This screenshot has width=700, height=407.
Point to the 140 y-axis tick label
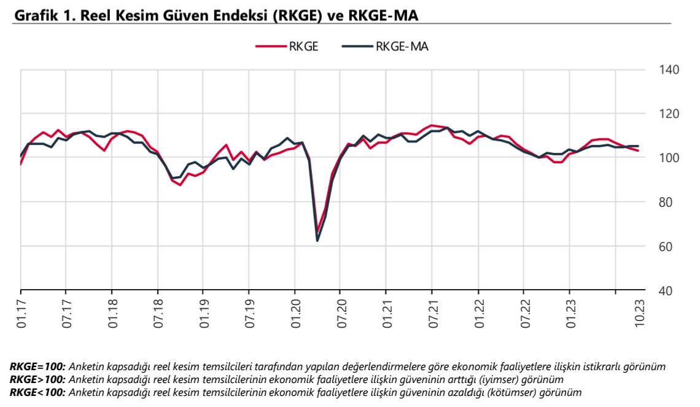click(x=669, y=69)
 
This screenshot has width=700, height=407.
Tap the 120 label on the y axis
click(x=669, y=114)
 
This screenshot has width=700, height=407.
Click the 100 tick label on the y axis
click(x=669, y=158)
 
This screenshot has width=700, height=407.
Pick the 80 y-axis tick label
click(x=666, y=202)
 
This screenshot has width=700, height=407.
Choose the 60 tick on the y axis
click(x=666, y=246)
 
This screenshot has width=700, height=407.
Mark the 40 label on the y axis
click(x=666, y=290)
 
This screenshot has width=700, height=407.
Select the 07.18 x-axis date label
click(x=159, y=315)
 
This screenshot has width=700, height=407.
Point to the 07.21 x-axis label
click(x=433, y=315)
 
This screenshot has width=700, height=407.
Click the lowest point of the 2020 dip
click(x=317, y=240)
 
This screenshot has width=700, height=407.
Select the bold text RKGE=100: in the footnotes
click(x=37, y=366)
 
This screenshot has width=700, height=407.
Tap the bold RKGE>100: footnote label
click(x=37, y=379)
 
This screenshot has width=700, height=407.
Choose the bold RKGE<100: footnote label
click(x=37, y=391)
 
